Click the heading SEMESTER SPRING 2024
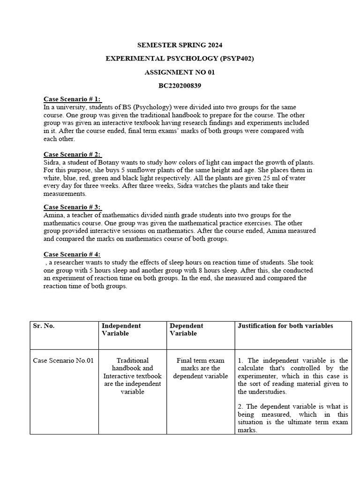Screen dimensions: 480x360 pyautogui.click(x=180, y=45)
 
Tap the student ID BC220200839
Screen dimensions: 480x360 pyautogui.click(x=180, y=86)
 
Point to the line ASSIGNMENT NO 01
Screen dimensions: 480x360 pyautogui.click(x=180, y=72)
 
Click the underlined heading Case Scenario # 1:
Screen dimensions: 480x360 pyautogui.click(x=73, y=99)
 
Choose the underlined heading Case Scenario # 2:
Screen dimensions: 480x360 pyautogui.click(x=73, y=154)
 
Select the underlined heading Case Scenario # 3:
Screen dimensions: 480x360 pyautogui.click(x=73, y=207)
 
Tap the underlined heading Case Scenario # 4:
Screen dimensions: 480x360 pyautogui.click(x=73, y=255)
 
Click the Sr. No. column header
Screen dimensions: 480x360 pyautogui.click(x=43, y=326)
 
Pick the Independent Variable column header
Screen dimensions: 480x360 pyautogui.click(x=121, y=330)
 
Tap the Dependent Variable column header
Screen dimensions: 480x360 pyautogui.click(x=186, y=330)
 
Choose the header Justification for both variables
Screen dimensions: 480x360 pyautogui.click(x=285, y=326)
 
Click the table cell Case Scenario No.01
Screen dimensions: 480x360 pyautogui.click(x=63, y=360)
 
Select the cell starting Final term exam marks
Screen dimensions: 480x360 pyautogui.click(x=200, y=368)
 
